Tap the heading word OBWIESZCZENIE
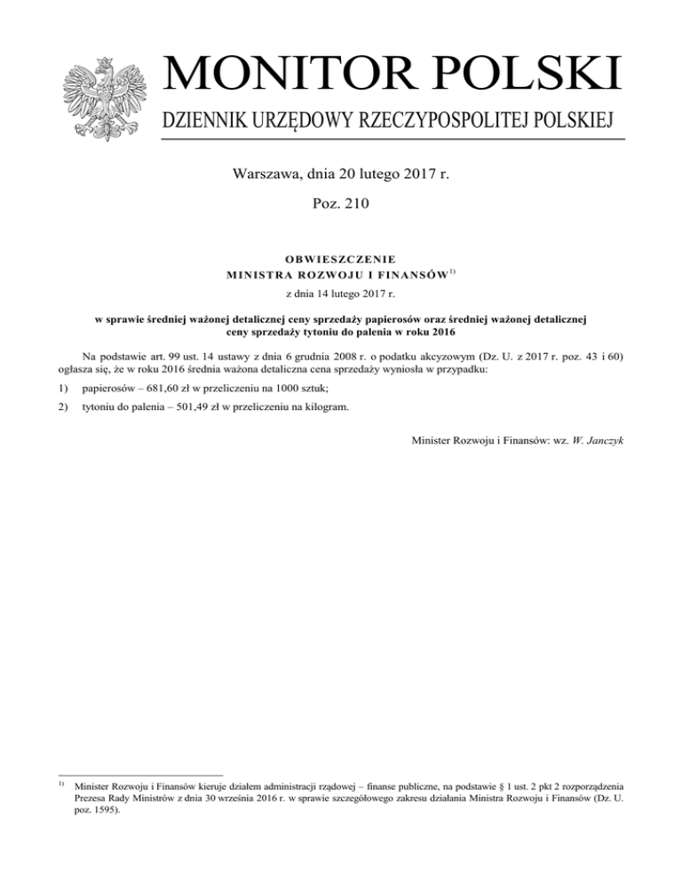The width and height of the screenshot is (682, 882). [x=341, y=260]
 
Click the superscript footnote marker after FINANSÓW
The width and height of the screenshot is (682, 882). [x=451, y=272]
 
